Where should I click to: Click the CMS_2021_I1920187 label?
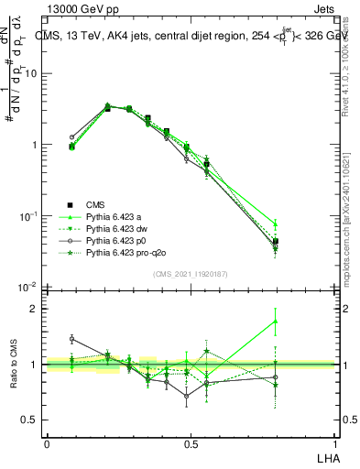pyautogui.click(x=190, y=273)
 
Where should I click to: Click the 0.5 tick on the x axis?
pyautogui.click(x=190, y=444)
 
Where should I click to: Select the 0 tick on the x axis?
pyautogui.click(x=47, y=444)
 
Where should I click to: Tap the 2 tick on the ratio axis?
pyautogui.click(x=34, y=309)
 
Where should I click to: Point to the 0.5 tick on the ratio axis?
pyautogui.click(x=30, y=420)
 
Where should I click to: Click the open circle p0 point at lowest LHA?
pyautogui.click(x=72, y=137)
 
